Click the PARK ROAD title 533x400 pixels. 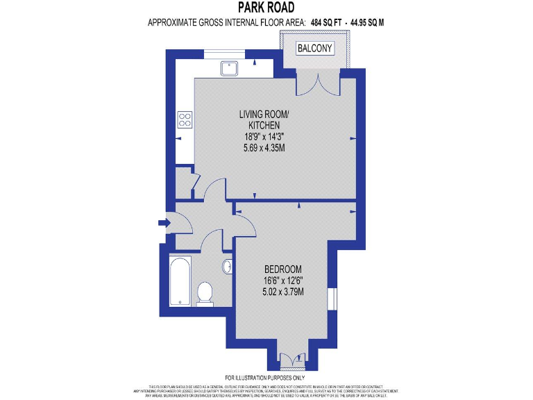pos(267,8)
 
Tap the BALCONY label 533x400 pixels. pos(315,49)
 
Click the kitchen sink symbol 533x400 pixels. pos(230,68)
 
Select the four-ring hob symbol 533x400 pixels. pos(185,119)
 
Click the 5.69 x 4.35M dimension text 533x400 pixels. pos(264,147)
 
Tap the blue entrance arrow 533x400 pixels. pos(163,223)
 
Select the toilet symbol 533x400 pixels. pos(205,292)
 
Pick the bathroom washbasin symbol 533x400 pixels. pos(228,267)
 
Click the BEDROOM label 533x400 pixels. pos(283,269)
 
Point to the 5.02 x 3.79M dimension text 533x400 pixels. pos(283,292)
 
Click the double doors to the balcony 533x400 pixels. pos(316,85)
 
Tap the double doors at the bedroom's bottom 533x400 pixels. pos(286,359)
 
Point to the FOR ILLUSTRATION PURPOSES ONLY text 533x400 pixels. pos(266,378)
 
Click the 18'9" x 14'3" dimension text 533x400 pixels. pos(264,137)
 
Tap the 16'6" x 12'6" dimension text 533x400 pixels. pos(283,281)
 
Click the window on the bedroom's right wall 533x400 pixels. pos(333,297)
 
